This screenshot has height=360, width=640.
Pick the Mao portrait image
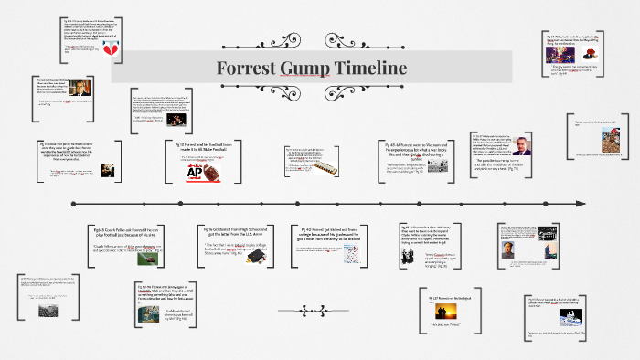tap(507, 249)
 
